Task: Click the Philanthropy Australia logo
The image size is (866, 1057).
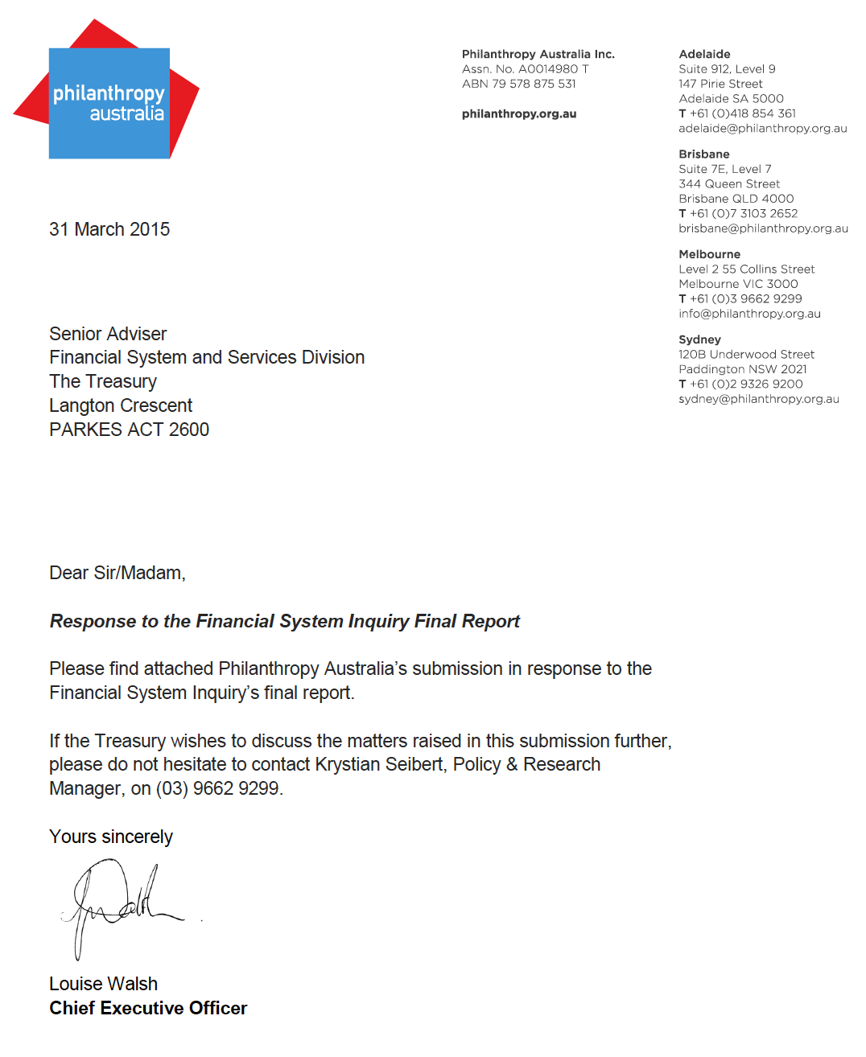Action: tap(109, 101)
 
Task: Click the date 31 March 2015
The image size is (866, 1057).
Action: tap(109, 229)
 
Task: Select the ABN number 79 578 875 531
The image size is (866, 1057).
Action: tap(534, 84)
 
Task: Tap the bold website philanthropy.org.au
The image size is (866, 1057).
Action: tap(519, 114)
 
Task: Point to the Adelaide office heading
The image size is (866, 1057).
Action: tap(704, 55)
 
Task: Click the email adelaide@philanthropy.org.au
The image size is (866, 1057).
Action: tap(762, 129)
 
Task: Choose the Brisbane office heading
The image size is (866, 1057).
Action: tap(703, 154)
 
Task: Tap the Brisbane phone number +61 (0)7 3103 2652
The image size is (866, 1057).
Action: tap(743, 214)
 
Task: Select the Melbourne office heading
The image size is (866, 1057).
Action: tap(709, 254)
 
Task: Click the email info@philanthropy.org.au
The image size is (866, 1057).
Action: tap(749, 314)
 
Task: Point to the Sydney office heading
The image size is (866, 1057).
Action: tap(699, 339)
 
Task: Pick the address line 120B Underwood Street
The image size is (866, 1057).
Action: tap(746, 355)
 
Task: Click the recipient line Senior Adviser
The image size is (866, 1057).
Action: tap(108, 334)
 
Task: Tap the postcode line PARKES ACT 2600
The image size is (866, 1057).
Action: tap(129, 430)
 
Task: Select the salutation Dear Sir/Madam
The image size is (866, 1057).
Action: tap(118, 573)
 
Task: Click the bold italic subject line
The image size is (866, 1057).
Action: tap(284, 621)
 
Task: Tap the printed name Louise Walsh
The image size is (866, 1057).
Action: tap(103, 984)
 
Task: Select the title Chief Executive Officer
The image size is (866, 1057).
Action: tap(148, 1008)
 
